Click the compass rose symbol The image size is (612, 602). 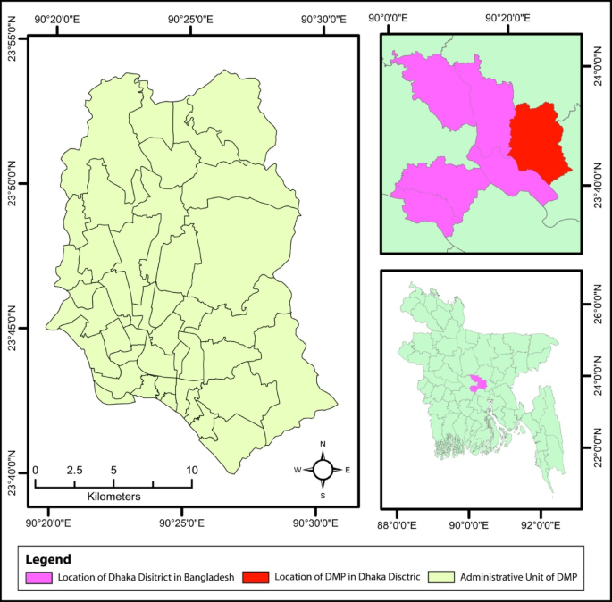[323, 469]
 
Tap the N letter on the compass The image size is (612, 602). [323, 444]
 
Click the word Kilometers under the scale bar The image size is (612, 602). [113, 495]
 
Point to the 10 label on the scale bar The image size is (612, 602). [191, 470]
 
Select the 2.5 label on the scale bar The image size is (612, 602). [74, 470]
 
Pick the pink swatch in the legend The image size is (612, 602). [38, 578]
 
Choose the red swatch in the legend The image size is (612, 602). [255, 578]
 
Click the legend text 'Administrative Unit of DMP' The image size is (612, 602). [518, 578]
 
